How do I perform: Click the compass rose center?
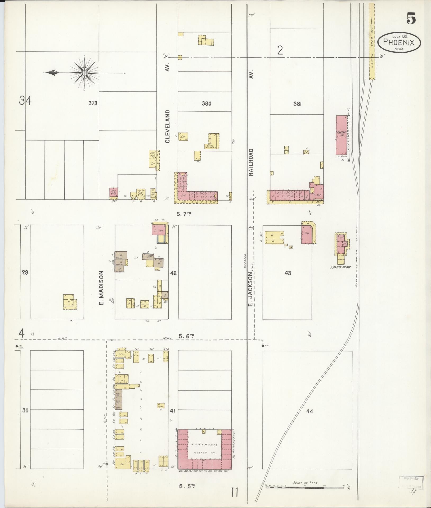[x=84, y=73]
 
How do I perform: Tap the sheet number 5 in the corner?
[x=411, y=19]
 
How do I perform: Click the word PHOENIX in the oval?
[x=399, y=42]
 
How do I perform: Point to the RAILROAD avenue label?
[x=251, y=162]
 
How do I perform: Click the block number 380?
[x=206, y=103]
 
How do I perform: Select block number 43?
[x=288, y=273]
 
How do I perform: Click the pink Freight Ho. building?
[x=341, y=135]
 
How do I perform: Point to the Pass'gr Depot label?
[x=340, y=267]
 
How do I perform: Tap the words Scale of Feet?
[x=306, y=483]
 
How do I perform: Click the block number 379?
[x=93, y=103]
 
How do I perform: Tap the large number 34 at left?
[x=25, y=101]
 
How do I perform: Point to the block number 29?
[x=25, y=273]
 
